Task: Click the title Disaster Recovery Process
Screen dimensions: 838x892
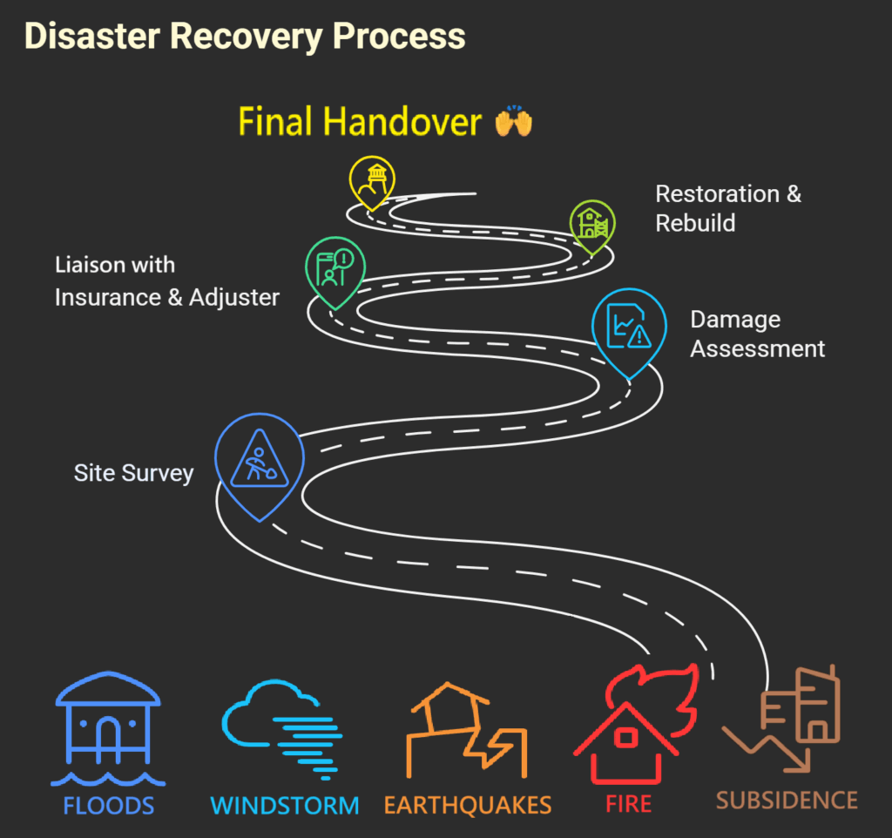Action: point(244,37)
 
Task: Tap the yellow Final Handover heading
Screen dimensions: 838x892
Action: point(360,123)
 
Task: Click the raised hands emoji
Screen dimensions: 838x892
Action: point(513,123)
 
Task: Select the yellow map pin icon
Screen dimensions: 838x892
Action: point(372,179)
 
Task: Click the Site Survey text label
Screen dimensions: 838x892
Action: point(133,474)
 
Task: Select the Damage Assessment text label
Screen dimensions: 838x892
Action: point(757,335)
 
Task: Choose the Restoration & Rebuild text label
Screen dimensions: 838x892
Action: point(727,208)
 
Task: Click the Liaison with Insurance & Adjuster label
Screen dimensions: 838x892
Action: point(166,280)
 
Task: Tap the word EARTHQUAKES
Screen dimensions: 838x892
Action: point(468,805)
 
